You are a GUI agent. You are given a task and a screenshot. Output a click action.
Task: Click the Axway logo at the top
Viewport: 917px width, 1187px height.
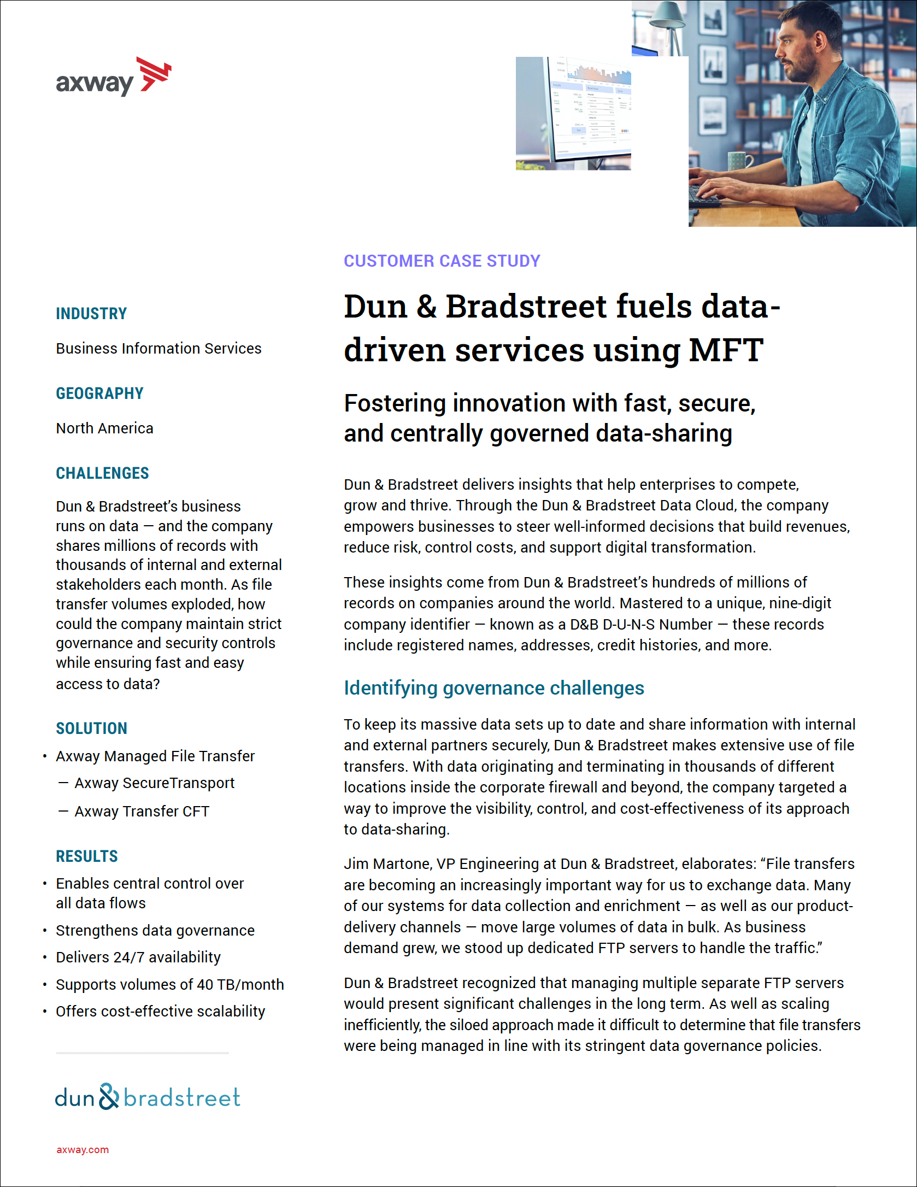point(114,78)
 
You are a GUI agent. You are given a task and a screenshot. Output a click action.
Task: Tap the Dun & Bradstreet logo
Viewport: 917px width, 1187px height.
point(148,1096)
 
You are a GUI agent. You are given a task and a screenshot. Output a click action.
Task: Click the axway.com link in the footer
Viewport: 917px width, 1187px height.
point(83,1150)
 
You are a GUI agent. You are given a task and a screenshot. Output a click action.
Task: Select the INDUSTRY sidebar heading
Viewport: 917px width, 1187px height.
point(91,314)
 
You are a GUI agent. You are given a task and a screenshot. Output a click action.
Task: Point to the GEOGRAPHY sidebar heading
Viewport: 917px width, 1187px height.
point(99,393)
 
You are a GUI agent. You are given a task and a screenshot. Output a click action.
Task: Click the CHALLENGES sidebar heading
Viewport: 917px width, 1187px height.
point(102,473)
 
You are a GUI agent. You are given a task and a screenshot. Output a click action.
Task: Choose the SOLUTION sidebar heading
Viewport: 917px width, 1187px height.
point(91,728)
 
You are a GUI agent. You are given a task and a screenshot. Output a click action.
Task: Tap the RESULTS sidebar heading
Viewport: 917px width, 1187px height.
point(87,856)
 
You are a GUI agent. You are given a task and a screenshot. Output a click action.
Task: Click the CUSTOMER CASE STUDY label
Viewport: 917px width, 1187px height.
point(442,261)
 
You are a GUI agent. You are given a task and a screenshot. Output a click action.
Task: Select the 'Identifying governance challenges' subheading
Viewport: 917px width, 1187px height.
point(494,688)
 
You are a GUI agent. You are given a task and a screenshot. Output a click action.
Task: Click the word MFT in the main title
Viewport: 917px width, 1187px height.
point(726,350)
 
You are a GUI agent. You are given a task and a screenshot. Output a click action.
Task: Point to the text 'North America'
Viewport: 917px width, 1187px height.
point(104,428)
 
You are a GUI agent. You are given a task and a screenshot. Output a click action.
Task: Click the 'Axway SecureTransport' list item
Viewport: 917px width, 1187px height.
point(155,783)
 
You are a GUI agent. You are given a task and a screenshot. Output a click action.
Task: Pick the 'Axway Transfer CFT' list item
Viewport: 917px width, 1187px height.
point(142,812)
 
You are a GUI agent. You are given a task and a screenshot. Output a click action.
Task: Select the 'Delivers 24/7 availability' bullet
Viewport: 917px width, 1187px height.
point(138,957)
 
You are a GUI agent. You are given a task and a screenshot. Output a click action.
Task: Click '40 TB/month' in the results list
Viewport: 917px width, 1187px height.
point(240,985)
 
